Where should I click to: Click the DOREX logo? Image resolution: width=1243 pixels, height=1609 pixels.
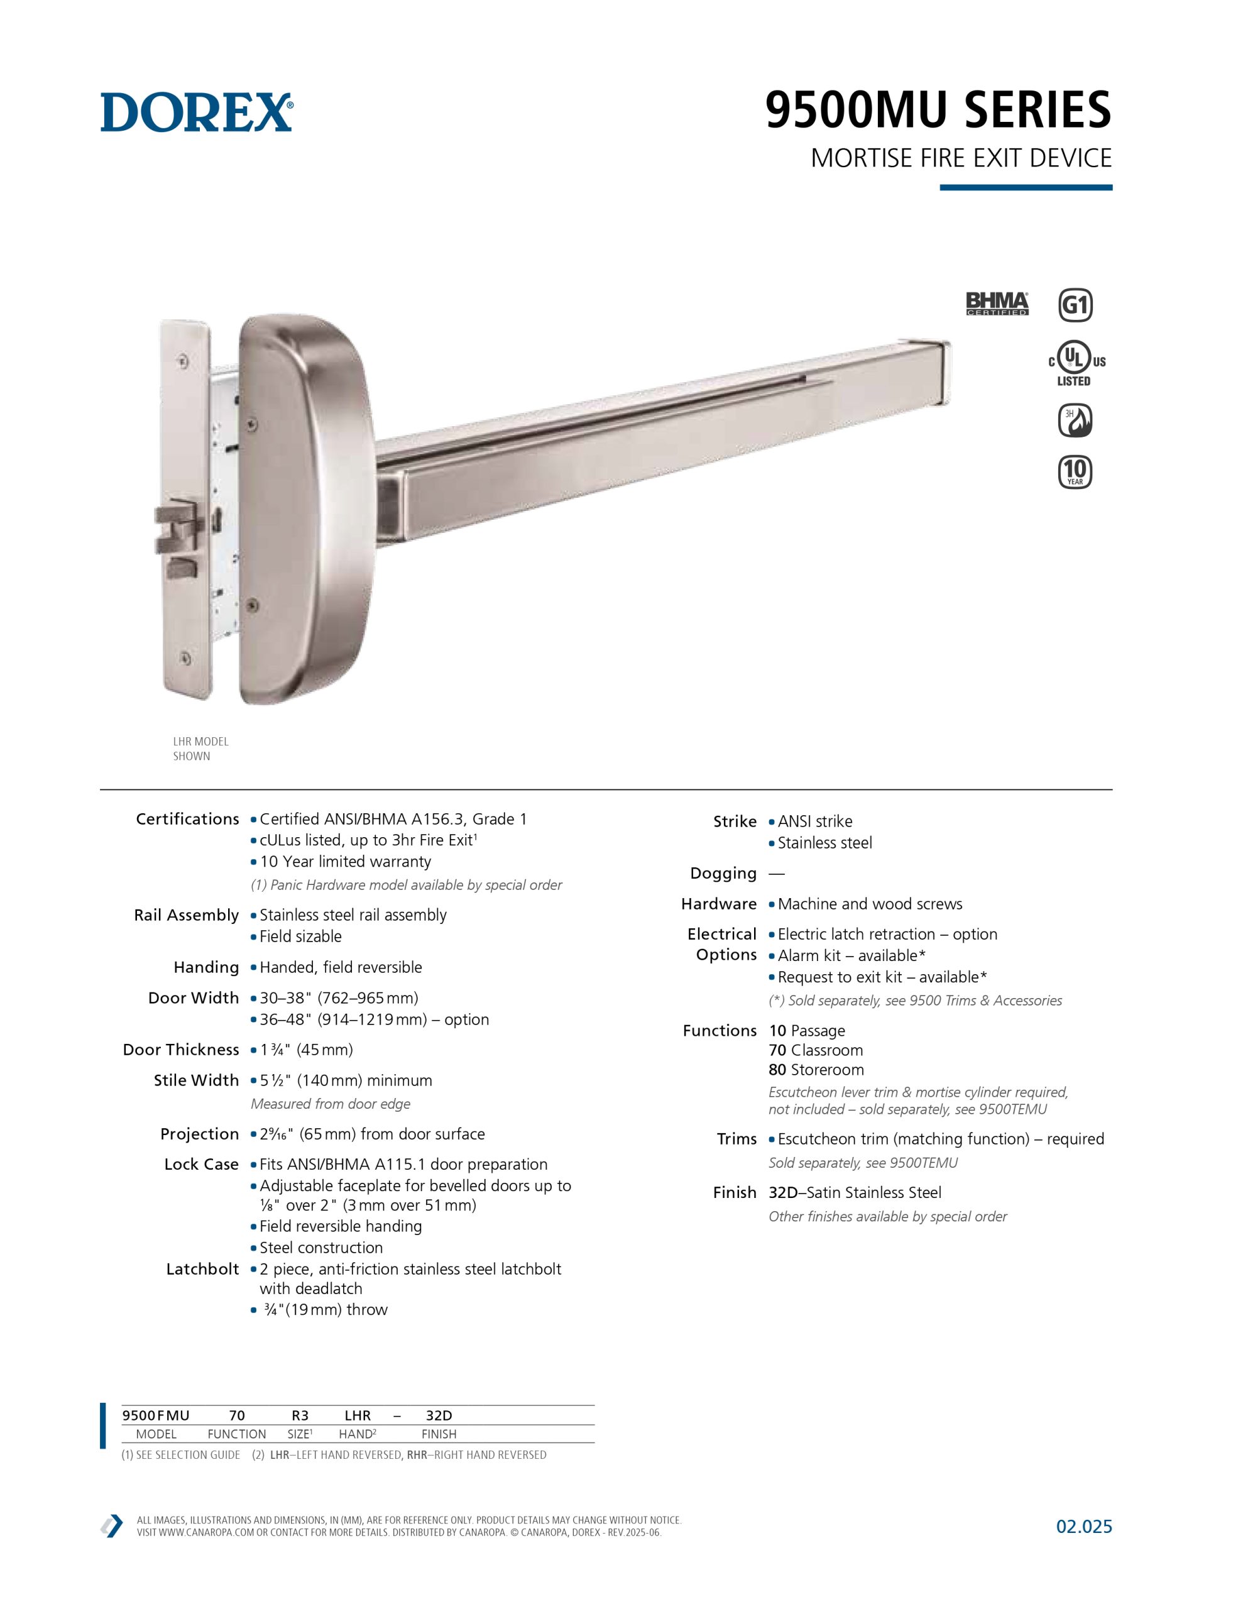(197, 112)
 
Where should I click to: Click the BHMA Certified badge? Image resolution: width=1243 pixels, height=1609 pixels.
(997, 304)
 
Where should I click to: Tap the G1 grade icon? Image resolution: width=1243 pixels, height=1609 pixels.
(1075, 305)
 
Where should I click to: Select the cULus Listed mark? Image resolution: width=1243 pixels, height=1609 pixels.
(1075, 363)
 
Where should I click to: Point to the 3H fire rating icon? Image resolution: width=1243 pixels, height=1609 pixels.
(1075, 420)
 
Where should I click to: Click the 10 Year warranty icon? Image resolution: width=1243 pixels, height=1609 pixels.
(1075, 471)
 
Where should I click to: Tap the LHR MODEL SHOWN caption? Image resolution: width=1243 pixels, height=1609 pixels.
(200, 749)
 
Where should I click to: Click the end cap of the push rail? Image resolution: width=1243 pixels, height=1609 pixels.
(946, 373)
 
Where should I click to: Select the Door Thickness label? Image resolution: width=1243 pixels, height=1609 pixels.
(181, 1049)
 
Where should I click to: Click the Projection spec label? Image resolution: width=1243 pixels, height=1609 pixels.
(200, 1134)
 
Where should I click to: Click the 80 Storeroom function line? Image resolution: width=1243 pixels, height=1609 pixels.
(816, 1070)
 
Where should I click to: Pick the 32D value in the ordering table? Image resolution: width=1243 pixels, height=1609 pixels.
(439, 1415)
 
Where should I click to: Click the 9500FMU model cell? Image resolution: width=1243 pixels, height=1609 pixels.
(155, 1415)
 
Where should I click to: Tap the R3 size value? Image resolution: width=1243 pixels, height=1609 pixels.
(300, 1415)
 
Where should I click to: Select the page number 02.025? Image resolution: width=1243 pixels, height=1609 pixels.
(1084, 1526)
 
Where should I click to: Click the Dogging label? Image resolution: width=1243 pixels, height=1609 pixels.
(723, 873)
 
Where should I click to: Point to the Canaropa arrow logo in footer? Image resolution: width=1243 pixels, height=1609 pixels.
(112, 1526)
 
